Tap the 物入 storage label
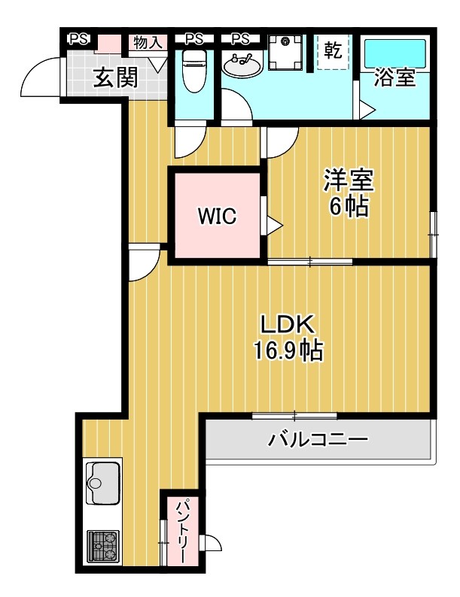148,42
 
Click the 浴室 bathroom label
395,78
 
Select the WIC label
218,217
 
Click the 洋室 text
349,180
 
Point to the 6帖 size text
349,207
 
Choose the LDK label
287,324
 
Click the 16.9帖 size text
288,350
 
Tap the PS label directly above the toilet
194,39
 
